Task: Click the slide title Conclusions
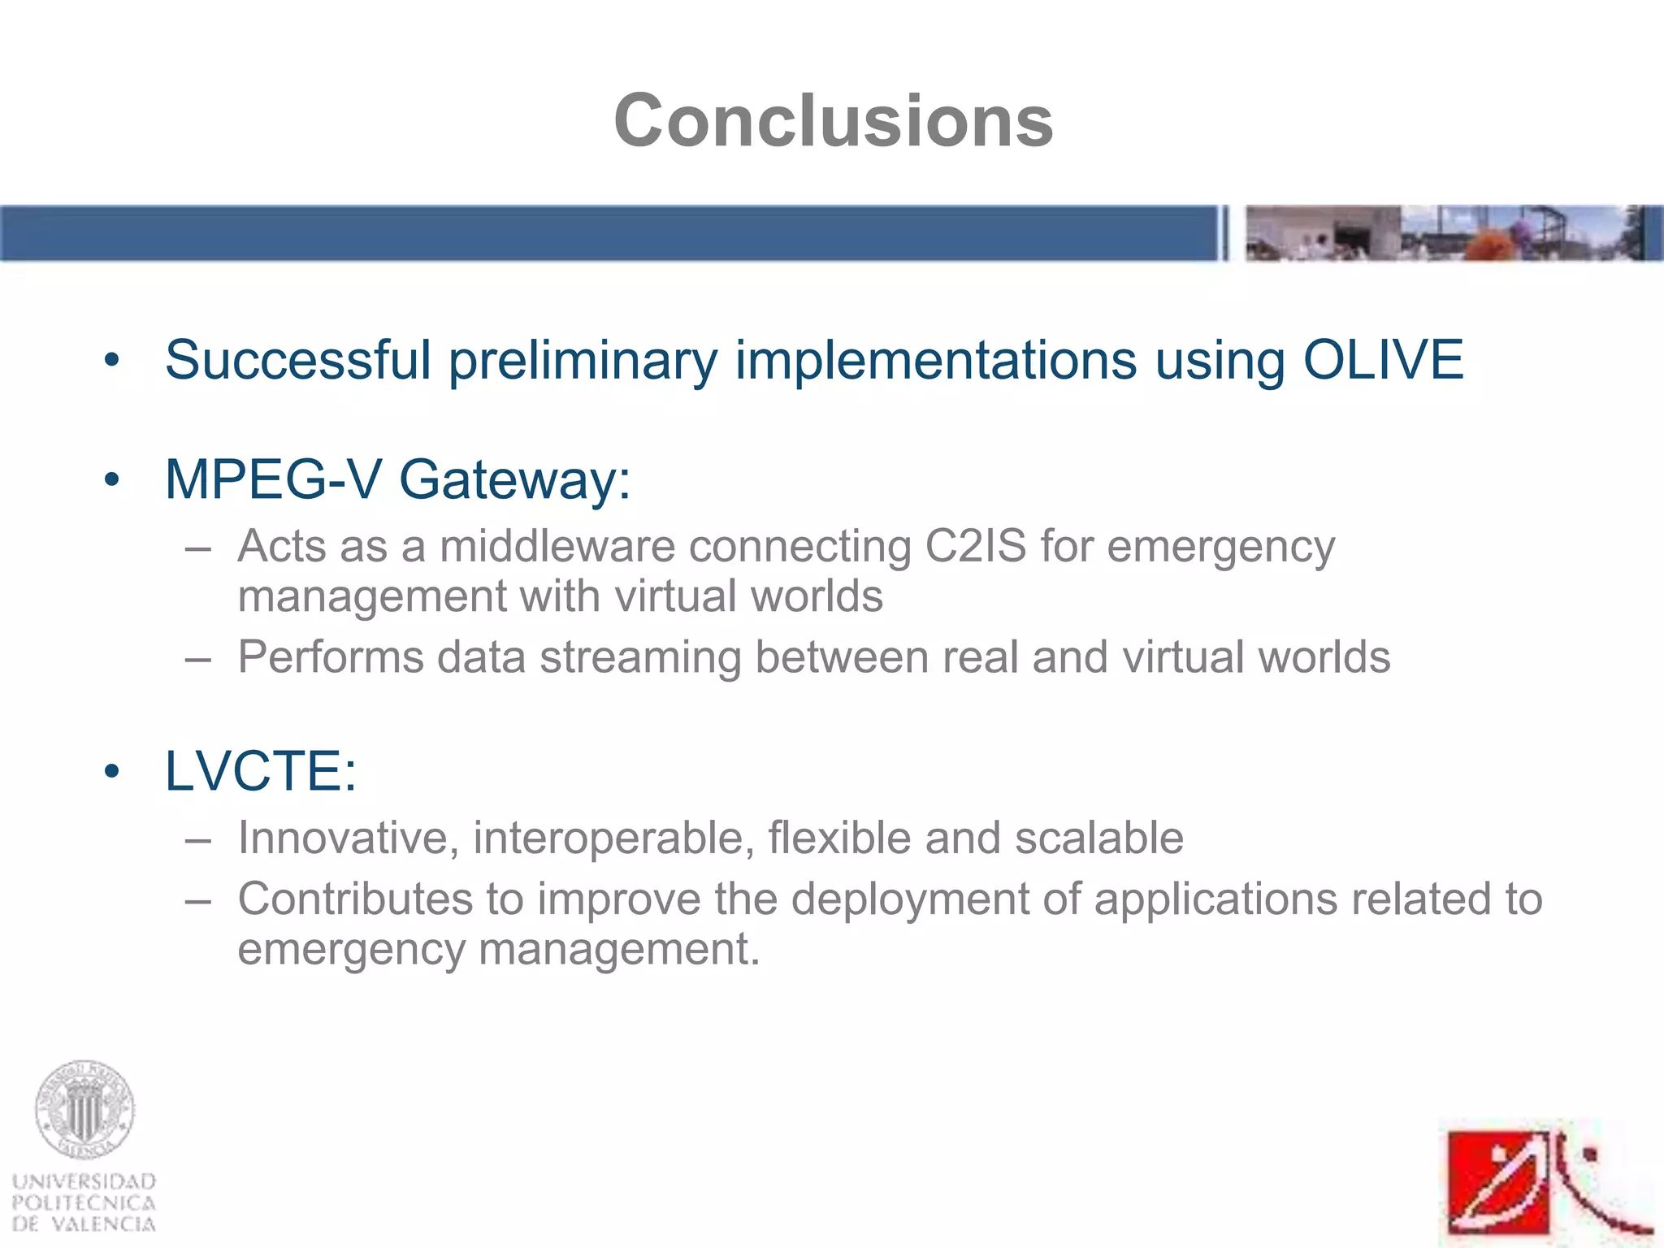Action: click(833, 121)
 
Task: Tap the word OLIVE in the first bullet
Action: click(1383, 359)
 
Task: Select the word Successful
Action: click(297, 359)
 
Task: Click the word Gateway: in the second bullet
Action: click(514, 479)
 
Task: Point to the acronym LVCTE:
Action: click(261, 771)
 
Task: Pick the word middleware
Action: click(557, 546)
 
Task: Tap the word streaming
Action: click(639, 656)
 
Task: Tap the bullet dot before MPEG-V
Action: click(112, 480)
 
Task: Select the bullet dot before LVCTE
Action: click(112, 772)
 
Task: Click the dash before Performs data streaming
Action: click(197, 657)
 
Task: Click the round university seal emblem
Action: click(84, 1110)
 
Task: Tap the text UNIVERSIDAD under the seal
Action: click(84, 1181)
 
